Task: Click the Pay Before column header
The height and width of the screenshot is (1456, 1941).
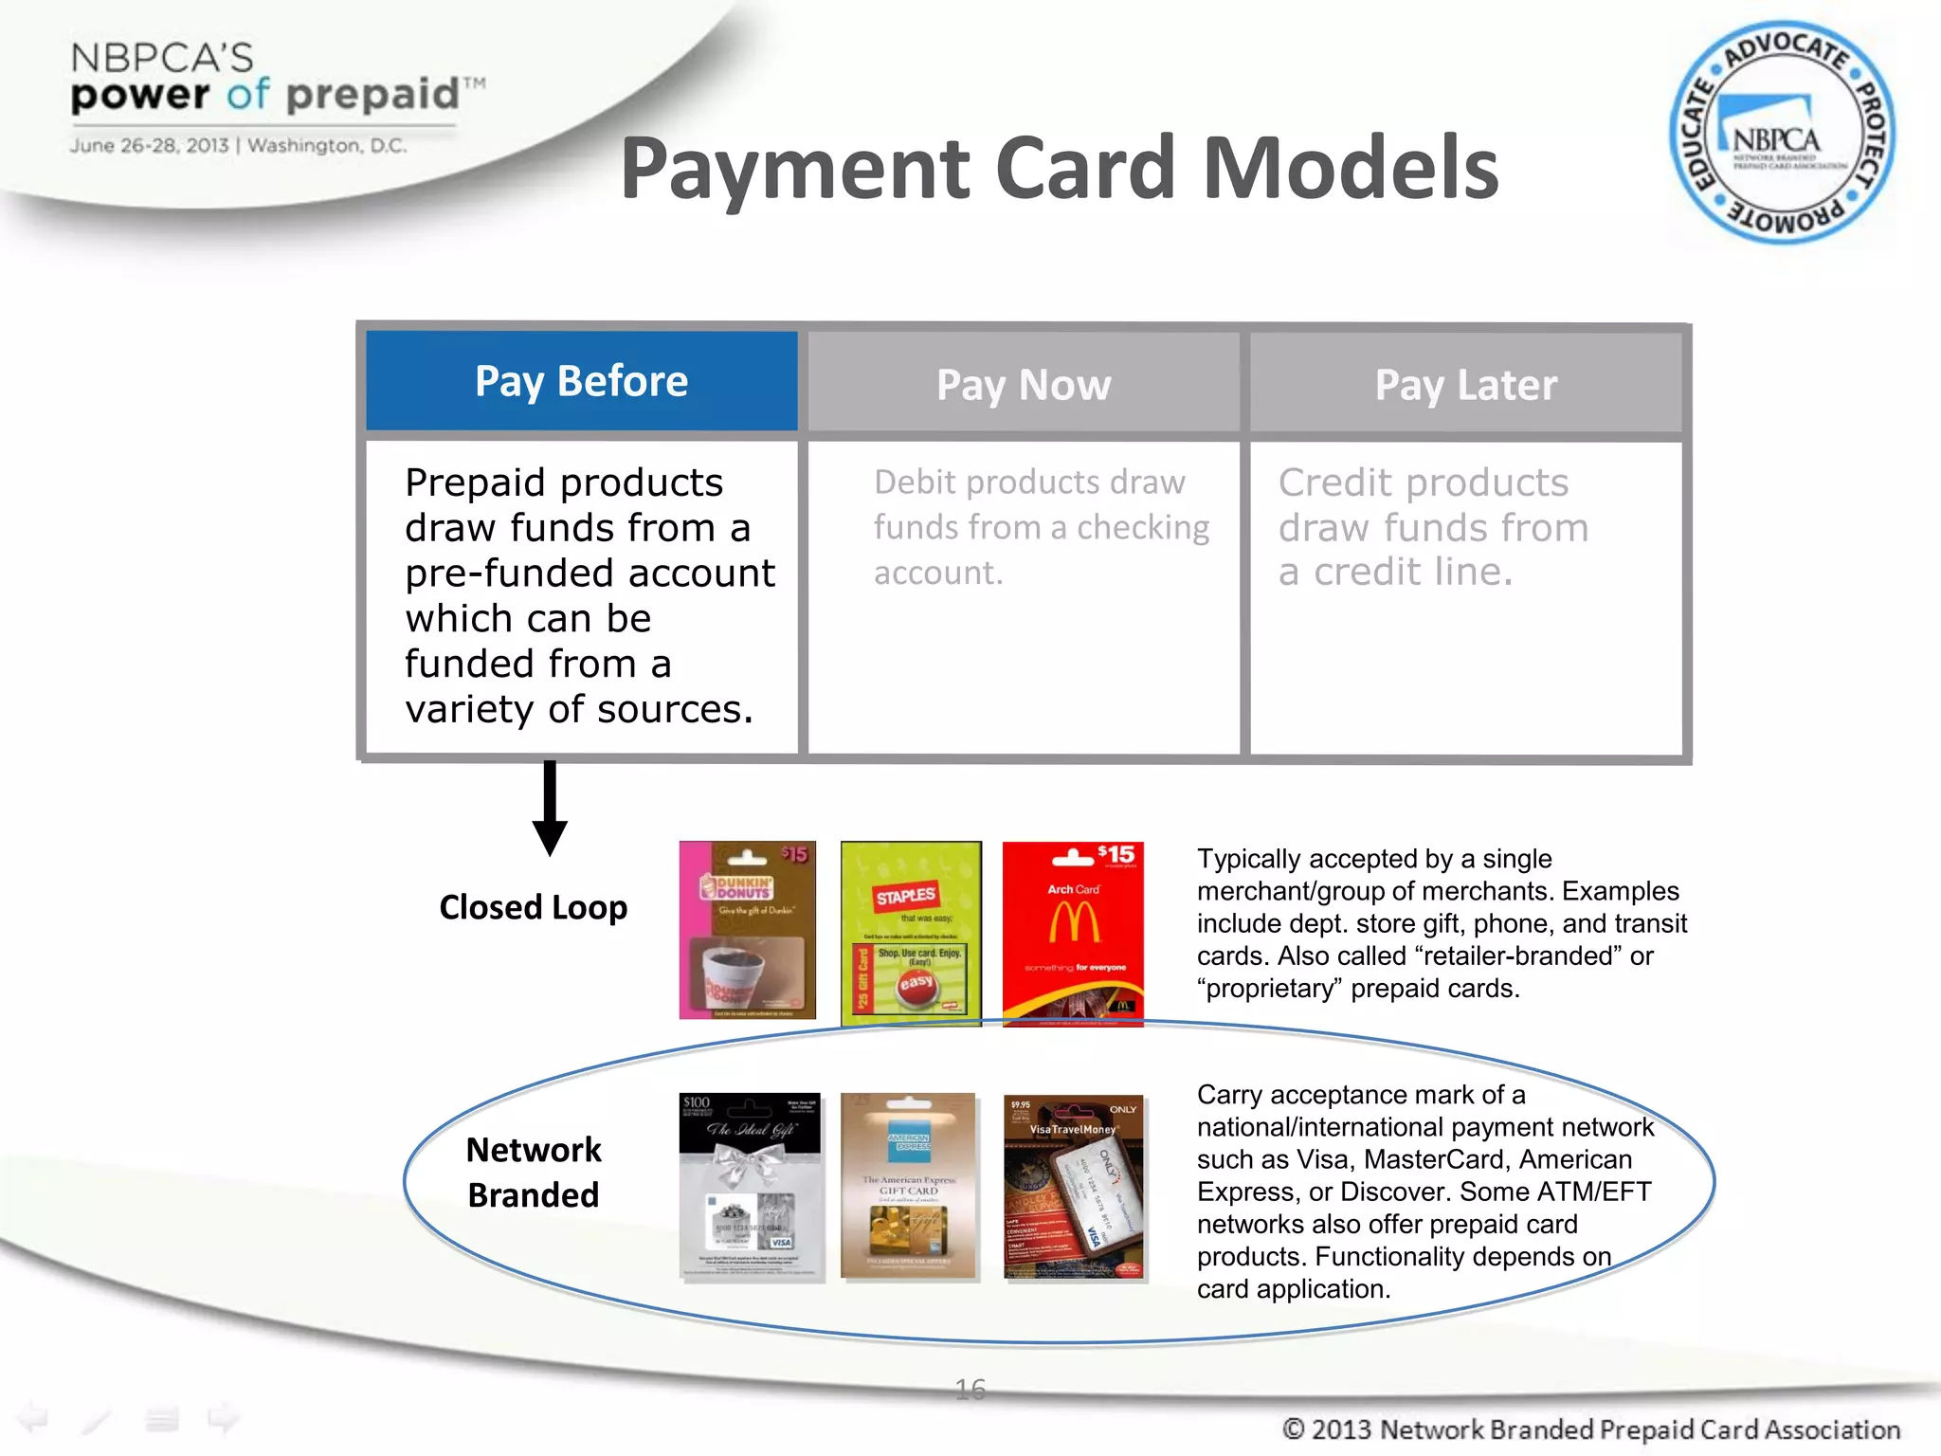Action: [x=581, y=381]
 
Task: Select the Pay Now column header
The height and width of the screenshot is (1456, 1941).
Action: [x=1024, y=384]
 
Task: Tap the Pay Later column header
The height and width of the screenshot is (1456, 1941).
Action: [x=1465, y=384]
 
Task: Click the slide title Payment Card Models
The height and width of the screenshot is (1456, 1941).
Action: [x=1059, y=168]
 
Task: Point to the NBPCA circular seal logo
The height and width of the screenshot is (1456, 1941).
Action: [x=1781, y=132]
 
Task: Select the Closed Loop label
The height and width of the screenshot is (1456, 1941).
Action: [x=533, y=907]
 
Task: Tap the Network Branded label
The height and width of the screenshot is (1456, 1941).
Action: [x=534, y=1172]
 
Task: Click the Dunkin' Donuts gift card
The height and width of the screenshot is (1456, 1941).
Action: [x=747, y=930]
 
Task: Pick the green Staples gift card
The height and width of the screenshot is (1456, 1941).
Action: [x=911, y=933]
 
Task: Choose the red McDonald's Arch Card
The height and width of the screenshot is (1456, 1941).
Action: [x=1073, y=933]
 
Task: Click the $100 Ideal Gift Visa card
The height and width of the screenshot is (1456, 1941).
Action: [x=750, y=1186]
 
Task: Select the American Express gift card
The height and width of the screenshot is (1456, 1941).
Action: [x=908, y=1185]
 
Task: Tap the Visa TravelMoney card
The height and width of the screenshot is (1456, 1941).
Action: [x=1074, y=1187]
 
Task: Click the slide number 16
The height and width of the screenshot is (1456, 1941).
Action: [x=970, y=1389]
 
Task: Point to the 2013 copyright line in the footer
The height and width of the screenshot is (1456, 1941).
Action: [x=1590, y=1429]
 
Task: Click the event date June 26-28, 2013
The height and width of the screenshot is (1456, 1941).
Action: [x=149, y=145]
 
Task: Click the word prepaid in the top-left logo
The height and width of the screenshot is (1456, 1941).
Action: [x=372, y=95]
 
